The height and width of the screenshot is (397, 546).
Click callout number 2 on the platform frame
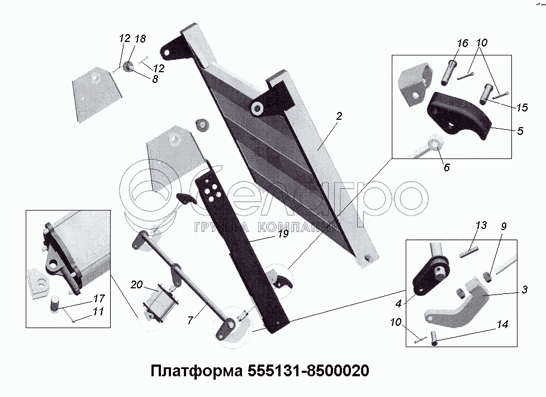339,116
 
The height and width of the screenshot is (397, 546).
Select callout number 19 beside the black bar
283,233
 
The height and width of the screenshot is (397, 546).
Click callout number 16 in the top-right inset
462,43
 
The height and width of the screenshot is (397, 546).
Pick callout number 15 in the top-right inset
522,107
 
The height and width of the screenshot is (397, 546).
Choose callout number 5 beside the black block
520,132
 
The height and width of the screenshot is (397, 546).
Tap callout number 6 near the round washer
447,167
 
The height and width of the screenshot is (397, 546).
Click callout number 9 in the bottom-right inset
504,227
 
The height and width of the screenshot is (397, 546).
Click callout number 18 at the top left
140,39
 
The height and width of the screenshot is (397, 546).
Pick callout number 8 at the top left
155,79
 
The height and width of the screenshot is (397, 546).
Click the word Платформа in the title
195,371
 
